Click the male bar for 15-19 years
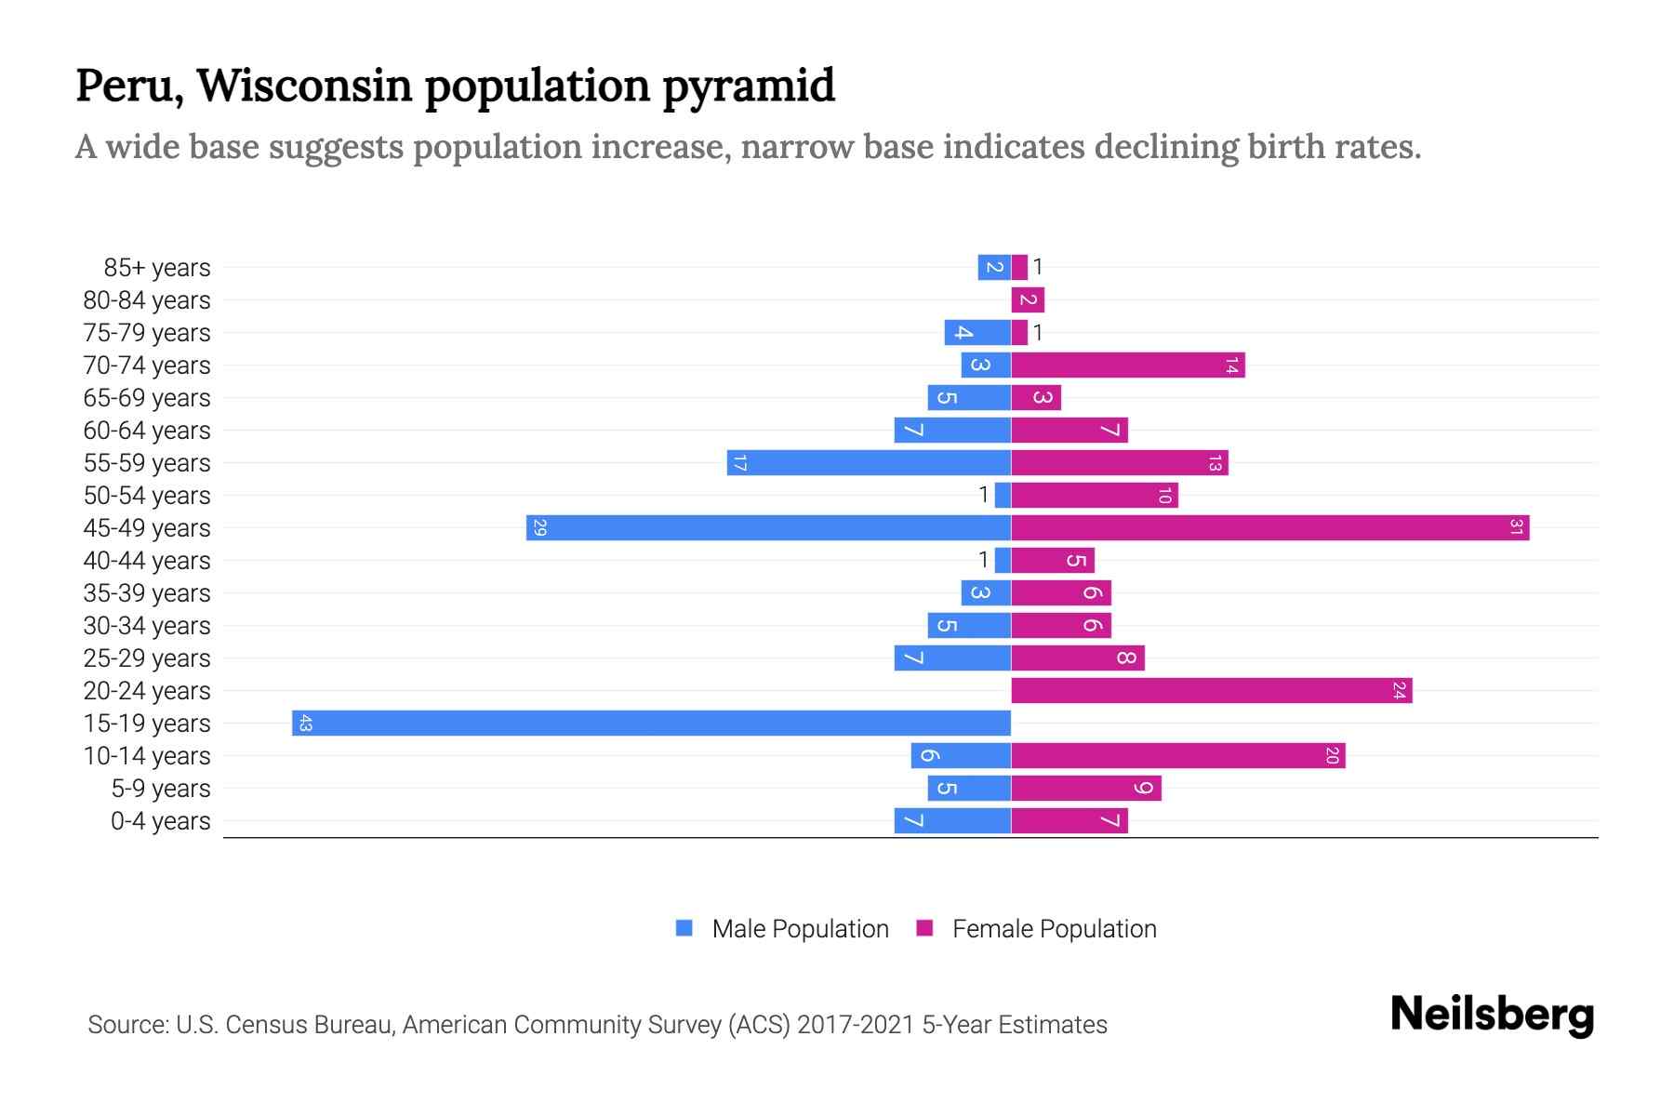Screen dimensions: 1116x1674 pyautogui.click(x=651, y=724)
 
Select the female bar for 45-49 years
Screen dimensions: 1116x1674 pyautogui.click(x=1269, y=528)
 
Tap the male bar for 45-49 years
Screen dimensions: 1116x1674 pyautogui.click(x=768, y=528)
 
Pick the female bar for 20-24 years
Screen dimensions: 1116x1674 pyautogui.click(x=1211, y=691)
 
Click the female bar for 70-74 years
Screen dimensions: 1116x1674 pyautogui.click(x=1127, y=365)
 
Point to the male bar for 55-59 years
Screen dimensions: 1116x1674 pyautogui.click(x=869, y=463)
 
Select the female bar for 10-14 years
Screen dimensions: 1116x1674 pyautogui.click(x=1177, y=756)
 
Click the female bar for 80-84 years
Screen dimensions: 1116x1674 pyautogui.click(x=1028, y=300)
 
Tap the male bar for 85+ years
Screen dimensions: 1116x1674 pyautogui.click(x=994, y=268)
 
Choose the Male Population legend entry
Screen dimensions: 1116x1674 pyautogui.click(x=782, y=929)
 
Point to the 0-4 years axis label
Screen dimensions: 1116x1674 pyautogui.click(x=160, y=821)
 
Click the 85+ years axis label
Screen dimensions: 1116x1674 pyautogui.click(x=156, y=268)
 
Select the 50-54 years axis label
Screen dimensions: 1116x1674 pyautogui.click(x=147, y=496)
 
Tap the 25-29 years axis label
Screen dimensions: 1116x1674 pyautogui.click(x=147, y=658)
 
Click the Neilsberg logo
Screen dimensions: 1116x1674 pyautogui.click(x=1492, y=1015)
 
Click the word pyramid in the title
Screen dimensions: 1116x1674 pyautogui.click(x=749, y=86)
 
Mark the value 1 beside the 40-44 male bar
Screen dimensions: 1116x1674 pyautogui.click(x=983, y=560)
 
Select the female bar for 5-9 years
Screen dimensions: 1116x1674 pyautogui.click(x=1085, y=789)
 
